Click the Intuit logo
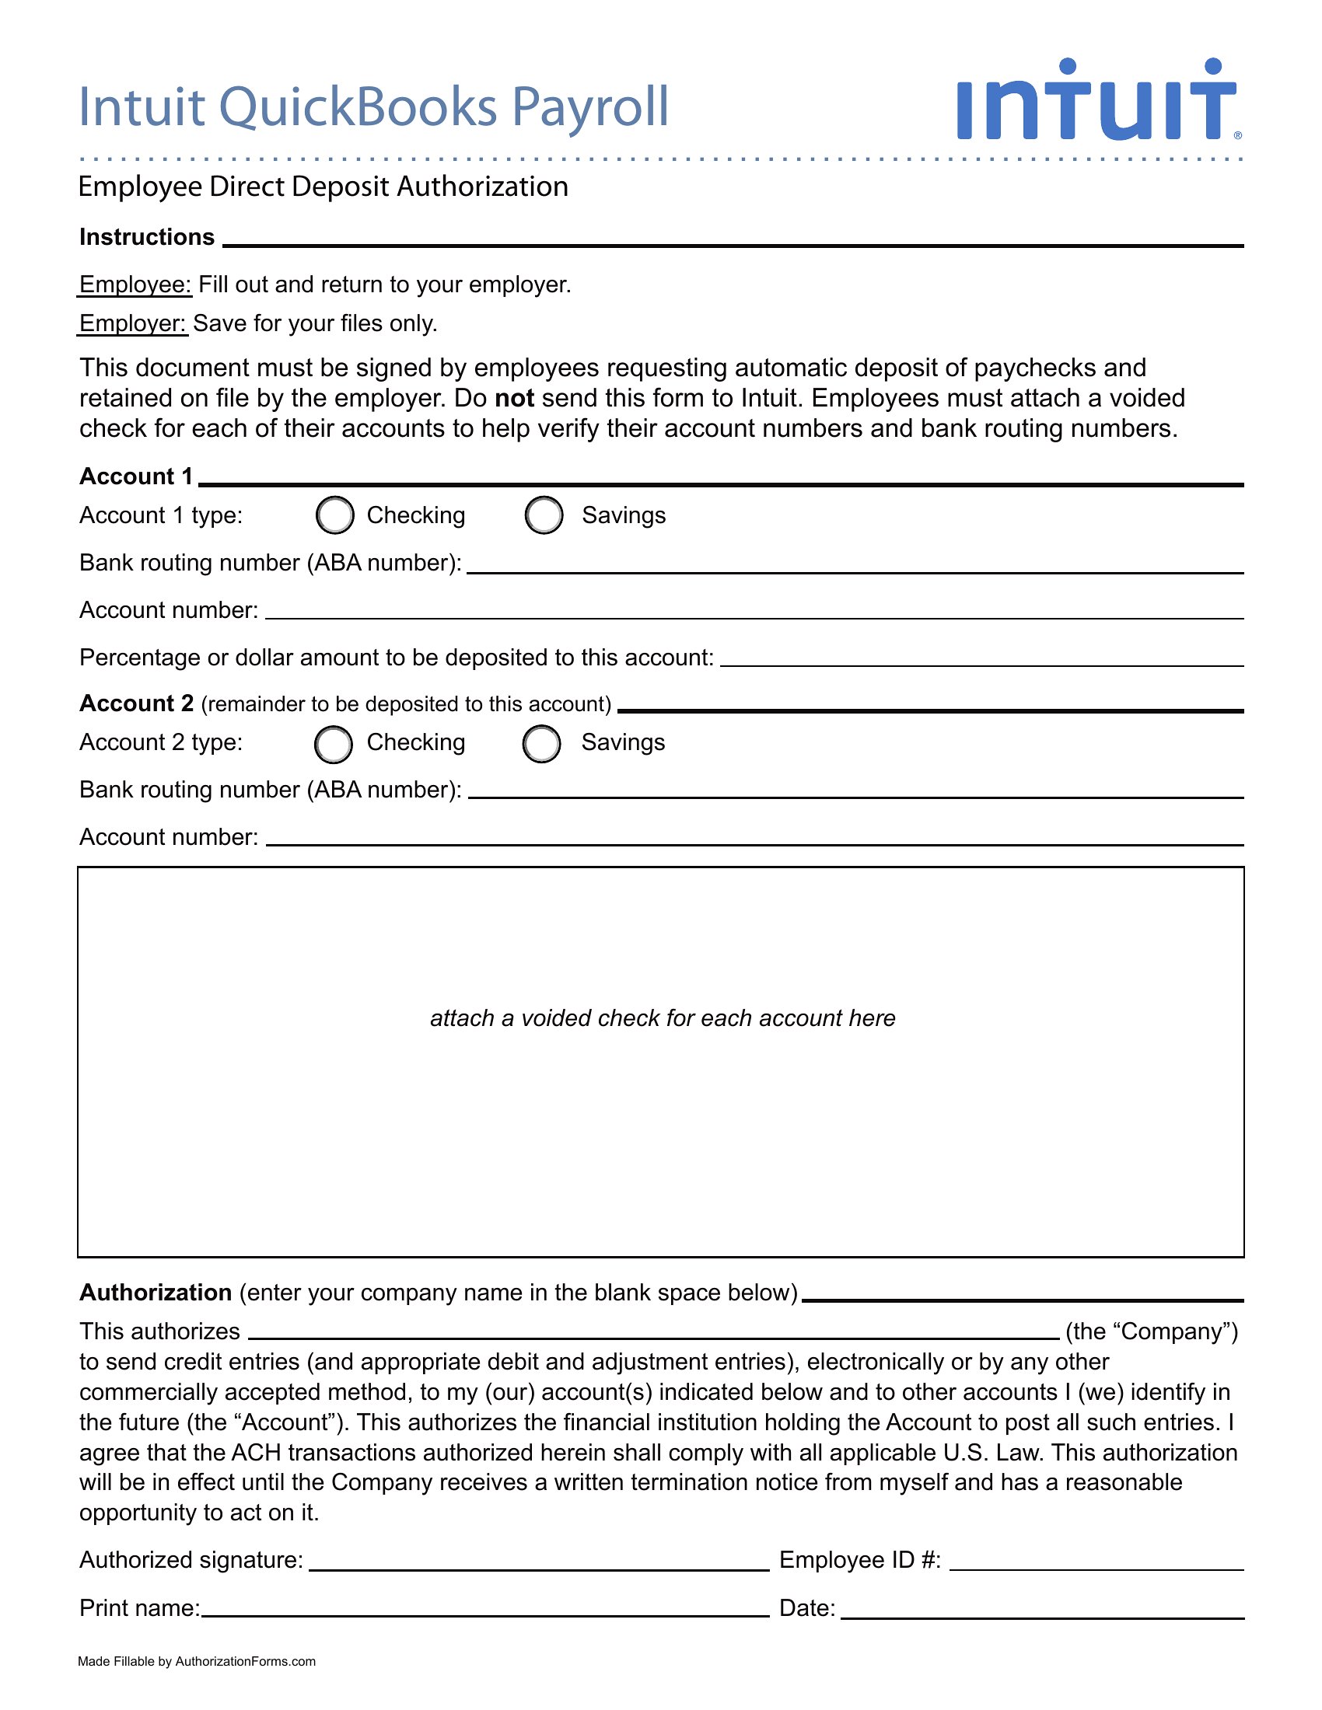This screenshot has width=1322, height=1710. [x=1096, y=100]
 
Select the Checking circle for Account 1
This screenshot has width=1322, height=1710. [x=335, y=515]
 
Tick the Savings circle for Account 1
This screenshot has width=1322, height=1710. [x=544, y=515]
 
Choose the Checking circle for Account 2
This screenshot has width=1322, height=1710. [x=334, y=743]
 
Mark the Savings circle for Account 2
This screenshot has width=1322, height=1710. [x=542, y=743]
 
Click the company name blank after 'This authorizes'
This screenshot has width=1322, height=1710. [x=653, y=1331]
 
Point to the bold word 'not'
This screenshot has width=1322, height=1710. [x=515, y=399]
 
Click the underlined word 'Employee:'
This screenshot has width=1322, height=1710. [x=135, y=284]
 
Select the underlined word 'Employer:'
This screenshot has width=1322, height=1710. [x=132, y=323]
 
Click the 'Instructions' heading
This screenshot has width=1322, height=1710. [x=146, y=237]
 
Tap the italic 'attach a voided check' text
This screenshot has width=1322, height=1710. [x=662, y=1018]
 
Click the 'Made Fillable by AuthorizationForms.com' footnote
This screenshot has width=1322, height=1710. [x=197, y=1662]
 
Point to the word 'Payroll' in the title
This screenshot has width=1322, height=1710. [x=590, y=106]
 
